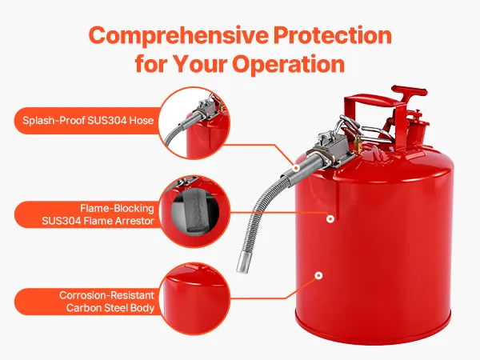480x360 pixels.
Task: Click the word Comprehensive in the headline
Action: click(x=178, y=36)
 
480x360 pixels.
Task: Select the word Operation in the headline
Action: click(x=288, y=64)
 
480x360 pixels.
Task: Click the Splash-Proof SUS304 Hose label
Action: click(x=88, y=120)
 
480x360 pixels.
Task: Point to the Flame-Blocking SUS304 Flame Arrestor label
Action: click(x=98, y=214)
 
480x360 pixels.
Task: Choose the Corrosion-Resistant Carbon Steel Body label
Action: click(x=107, y=302)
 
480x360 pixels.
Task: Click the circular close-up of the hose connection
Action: click(x=194, y=123)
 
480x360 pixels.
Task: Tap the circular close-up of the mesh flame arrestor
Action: click(x=194, y=212)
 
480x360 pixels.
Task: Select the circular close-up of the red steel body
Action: click(x=194, y=298)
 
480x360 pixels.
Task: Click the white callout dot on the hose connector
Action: click(x=296, y=168)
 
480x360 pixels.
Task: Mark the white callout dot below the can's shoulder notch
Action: click(x=330, y=219)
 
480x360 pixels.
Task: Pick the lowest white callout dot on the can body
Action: click(x=318, y=276)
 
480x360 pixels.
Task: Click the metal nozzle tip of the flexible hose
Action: click(x=242, y=262)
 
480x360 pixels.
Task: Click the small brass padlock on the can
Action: click(x=358, y=144)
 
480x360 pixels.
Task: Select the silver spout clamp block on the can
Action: click(x=332, y=147)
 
